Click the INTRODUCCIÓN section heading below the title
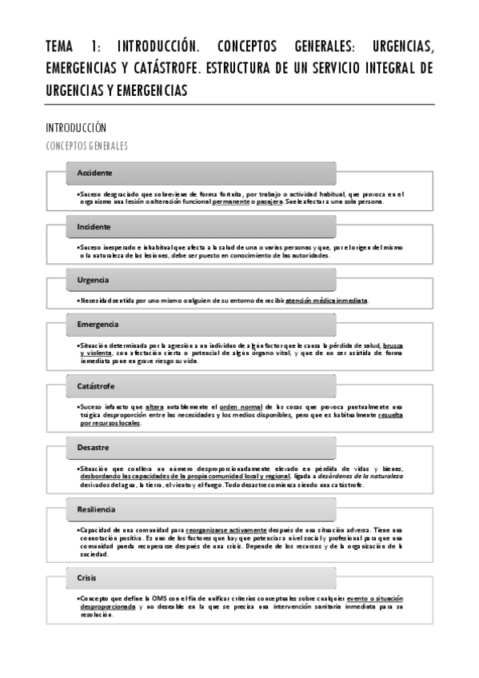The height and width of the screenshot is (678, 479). pyautogui.click(x=76, y=128)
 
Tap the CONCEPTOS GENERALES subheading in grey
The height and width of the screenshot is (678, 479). pyautogui.click(x=87, y=146)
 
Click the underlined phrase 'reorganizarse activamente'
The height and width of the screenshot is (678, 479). pyautogui.click(x=221, y=530)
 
